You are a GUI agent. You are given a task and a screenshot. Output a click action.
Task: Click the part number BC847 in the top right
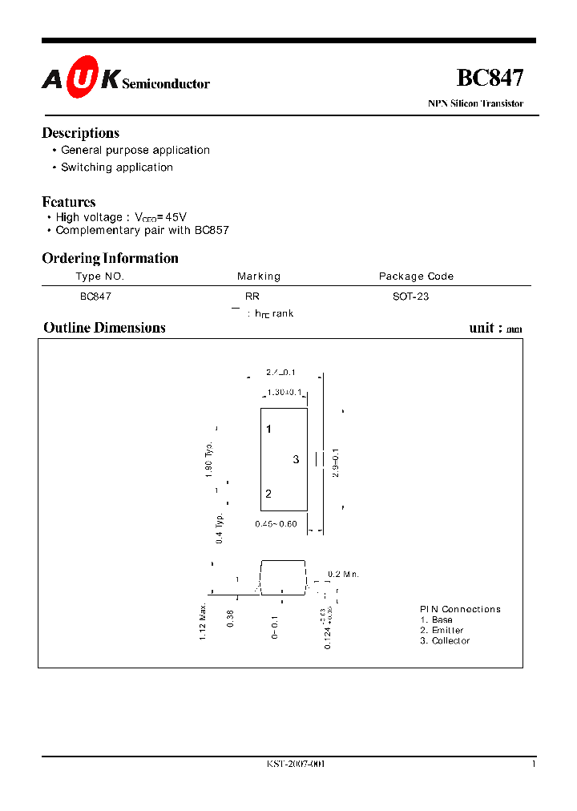click(x=490, y=78)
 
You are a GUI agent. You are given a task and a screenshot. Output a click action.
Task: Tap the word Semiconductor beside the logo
click(x=166, y=83)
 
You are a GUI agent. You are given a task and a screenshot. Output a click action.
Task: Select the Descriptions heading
click(x=80, y=133)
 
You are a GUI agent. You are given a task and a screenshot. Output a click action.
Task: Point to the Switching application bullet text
click(x=117, y=167)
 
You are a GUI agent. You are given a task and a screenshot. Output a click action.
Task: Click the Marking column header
click(x=259, y=276)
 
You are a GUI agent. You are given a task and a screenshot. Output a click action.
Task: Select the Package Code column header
click(x=416, y=276)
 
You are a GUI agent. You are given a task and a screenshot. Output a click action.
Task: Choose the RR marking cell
click(x=252, y=297)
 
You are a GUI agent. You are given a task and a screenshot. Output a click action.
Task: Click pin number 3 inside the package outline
click(x=296, y=459)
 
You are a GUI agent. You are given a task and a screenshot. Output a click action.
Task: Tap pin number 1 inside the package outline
click(x=269, y=430)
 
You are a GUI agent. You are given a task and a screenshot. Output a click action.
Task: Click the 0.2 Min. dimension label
click(x=344, y=575)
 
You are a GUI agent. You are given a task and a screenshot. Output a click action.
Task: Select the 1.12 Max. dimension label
click(x=204, y=621)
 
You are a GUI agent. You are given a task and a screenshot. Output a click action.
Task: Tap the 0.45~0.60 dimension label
click(x=276, y=524)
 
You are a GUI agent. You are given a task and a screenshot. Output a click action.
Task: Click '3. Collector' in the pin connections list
click(x=445, y=641)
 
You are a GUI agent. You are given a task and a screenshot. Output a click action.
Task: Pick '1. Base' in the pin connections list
click(x=437, y=620)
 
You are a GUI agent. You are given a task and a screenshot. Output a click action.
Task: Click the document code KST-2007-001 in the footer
click(x=296, y=764)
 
